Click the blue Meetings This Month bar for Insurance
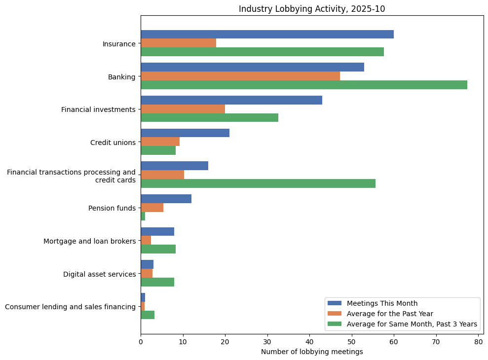point(267,34)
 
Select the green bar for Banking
point(303,85)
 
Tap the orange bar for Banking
point(240,76)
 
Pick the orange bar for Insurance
point(178,43)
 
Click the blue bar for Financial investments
point(231,100)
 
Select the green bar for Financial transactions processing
point(258,183)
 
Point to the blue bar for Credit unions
point(185,133)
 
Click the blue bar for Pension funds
point(166,199)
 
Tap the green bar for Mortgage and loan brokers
point(158,249)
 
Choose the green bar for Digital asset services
point(157,282)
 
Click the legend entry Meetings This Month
point(382,303)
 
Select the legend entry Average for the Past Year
point(390,314)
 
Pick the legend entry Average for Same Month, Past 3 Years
point(412,324)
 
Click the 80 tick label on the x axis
point(478,341)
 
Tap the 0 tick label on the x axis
point(141,341)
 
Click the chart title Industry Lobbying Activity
point(311,9)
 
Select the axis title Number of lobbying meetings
point(311,352)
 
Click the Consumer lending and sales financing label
point(70,307)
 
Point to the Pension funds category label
point(112,208)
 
